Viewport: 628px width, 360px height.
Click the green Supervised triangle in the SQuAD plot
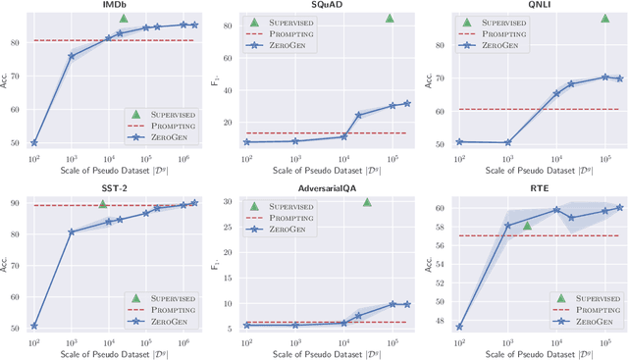(x=390, y=19)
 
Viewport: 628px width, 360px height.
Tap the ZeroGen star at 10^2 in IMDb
(x=34, y=143)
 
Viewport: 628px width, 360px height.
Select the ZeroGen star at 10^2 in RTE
(x=459, y=327)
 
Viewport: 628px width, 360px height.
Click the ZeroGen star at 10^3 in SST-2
(x=72, y=232)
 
